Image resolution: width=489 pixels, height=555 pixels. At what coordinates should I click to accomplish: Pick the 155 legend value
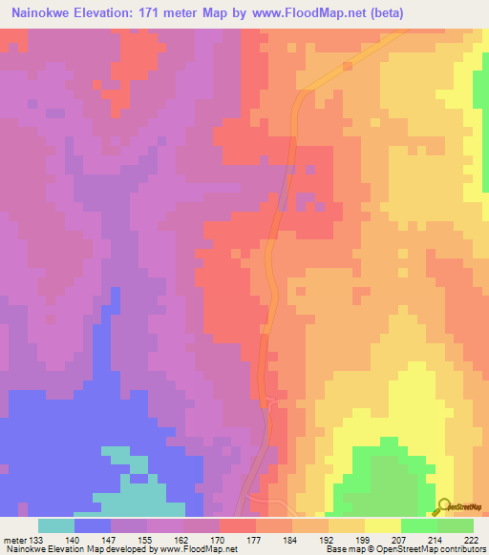(x=147, y=539)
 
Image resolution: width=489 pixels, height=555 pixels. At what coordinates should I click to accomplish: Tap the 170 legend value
(x=219, y=539)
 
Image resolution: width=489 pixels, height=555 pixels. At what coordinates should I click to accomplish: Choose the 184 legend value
(x=291, y=539)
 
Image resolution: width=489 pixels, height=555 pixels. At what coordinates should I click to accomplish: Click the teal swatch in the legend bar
(x=56, y=525)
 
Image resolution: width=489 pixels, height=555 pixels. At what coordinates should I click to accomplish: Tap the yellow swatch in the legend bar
(x=382, y=525)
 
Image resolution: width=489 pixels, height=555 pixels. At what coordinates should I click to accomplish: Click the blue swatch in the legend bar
(x=93, y=525)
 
